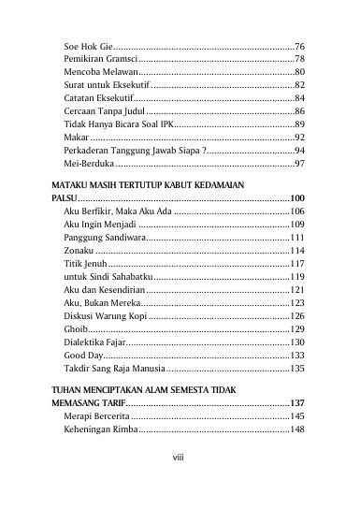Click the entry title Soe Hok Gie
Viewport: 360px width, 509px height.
pos(87,45)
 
